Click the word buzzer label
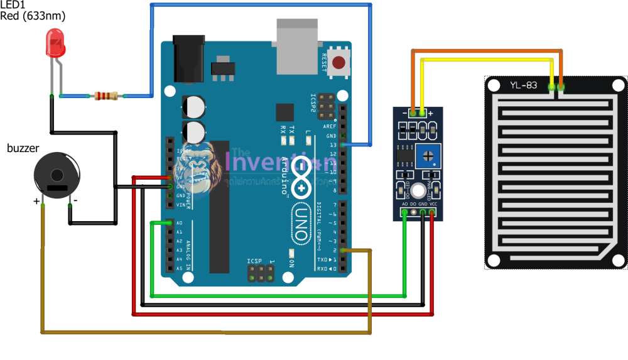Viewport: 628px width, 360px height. coord(23,148)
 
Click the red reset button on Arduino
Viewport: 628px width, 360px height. coord(339,62)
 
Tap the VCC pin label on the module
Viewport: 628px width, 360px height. coord(433,205)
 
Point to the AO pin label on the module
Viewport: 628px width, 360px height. coord(404,205)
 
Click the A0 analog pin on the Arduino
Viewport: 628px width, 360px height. coord(170,223)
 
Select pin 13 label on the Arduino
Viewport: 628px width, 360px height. coord(333,145)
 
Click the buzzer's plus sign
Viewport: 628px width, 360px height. coord(36,202)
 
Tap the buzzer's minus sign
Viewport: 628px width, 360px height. coord(75,200)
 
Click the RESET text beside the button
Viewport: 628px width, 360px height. coord(324,62)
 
